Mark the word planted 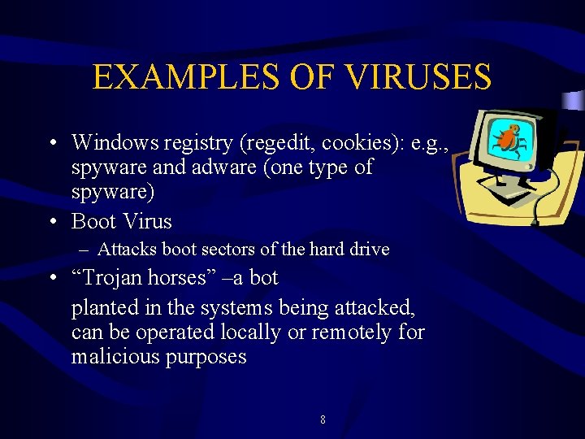pyautogui.click(x=101, y=309)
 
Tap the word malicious pyautogui.click(x=115, y=358)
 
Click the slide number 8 pyautogui.click(x=323, y=420)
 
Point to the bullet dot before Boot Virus pyautogui.click(x=52, y=221)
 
